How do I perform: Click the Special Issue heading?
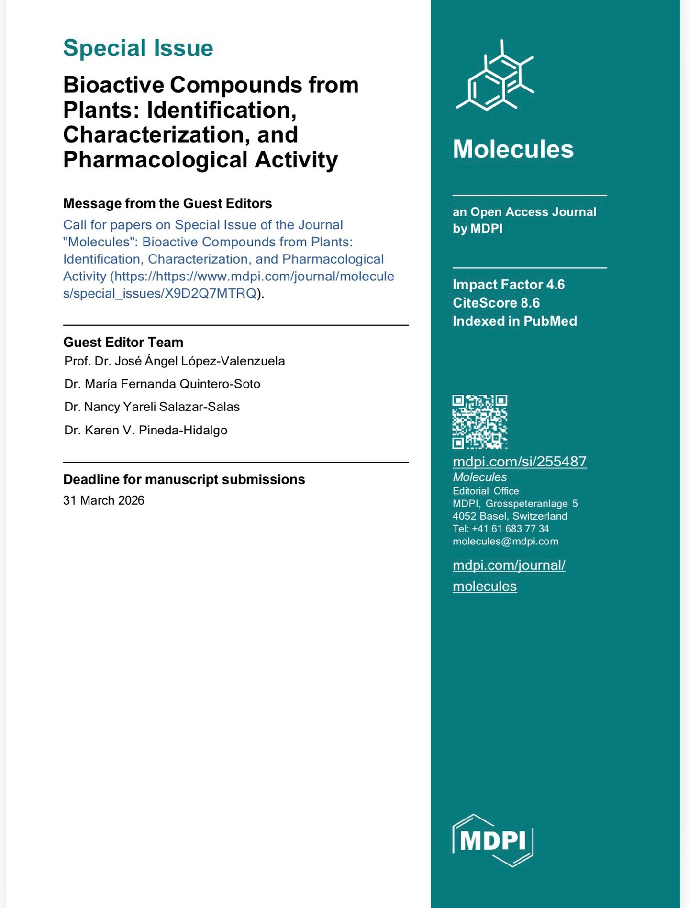(138, 48)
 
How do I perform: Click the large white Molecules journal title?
(513, 149)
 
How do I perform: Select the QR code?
(479, 421)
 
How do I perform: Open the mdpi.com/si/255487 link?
(519, 461)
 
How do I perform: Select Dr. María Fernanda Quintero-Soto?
(162, 384)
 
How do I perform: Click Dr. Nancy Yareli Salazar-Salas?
(152, 407)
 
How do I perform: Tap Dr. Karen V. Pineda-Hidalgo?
(145, 430)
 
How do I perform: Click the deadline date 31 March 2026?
(103, 500)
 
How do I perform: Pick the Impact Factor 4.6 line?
(508, 285)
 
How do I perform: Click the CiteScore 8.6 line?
(496, 303)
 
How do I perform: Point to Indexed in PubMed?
(514, 321)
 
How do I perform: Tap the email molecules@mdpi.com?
(505, 541)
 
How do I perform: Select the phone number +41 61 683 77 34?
(510, 529)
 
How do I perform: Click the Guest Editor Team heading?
(123, 342)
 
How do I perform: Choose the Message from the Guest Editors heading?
(167, 203)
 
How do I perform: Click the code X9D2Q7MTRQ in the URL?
(211, 293)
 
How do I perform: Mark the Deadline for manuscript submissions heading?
(184, 479)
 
